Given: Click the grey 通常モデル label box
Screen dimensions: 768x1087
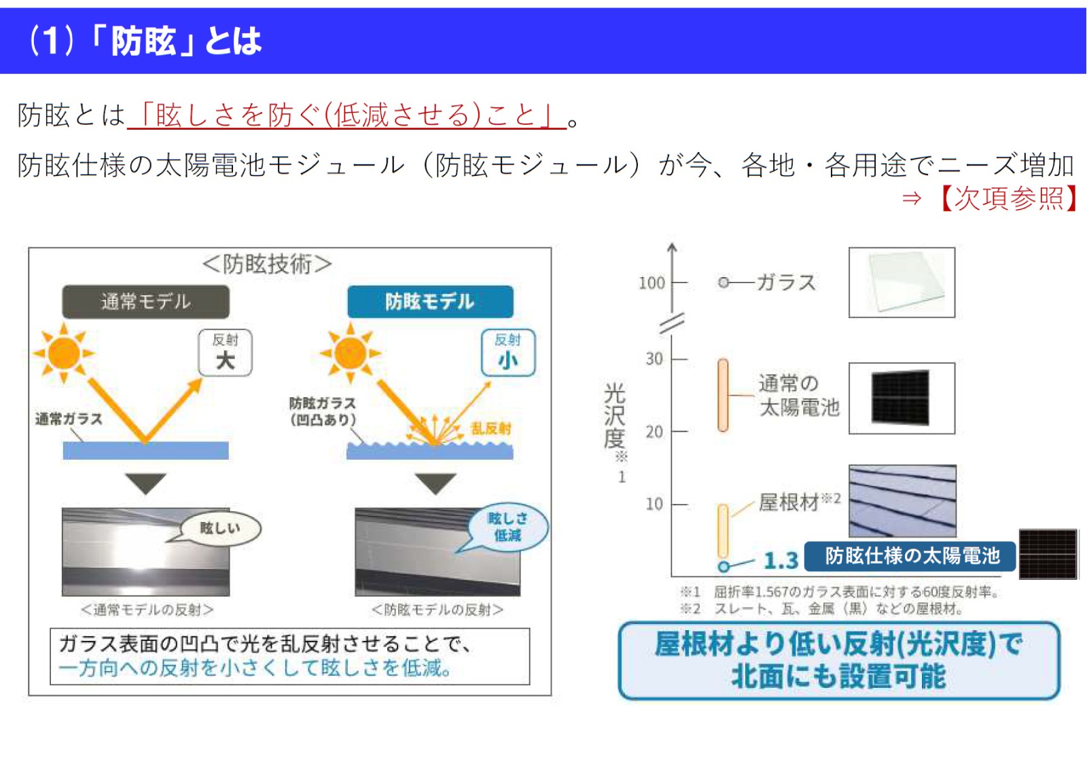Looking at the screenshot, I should pos(145,301).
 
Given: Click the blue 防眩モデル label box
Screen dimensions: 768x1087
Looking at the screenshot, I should pos(429,301).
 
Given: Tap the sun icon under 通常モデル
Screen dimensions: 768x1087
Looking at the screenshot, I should pos(64,353).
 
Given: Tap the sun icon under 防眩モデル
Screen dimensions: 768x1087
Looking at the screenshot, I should pos(351,353).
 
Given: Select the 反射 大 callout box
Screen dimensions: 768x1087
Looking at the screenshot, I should pos(225,352).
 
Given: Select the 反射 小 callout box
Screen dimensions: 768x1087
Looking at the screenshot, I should pos(507,352).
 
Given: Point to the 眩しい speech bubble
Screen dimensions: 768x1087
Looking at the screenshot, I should pos(219,528).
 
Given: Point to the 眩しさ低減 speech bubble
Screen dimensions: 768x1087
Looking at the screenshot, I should pos(507,527).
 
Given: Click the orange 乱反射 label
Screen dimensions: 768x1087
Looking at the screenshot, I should pos(491,428).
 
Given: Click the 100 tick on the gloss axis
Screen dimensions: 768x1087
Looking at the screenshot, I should pos(652,282).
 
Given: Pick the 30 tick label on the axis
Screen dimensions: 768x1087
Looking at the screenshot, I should pos(654,359).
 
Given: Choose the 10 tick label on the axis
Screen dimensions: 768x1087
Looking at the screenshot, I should pos(654,504).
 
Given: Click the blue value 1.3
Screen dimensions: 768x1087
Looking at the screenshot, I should pos(780,561).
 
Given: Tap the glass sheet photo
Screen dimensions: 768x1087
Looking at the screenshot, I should pos(902,282).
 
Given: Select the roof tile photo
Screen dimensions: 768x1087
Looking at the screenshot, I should pos(902,501).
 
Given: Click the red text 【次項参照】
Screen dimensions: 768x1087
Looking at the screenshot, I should pos(1008,198).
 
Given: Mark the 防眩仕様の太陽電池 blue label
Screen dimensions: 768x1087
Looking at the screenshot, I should pos(911,556).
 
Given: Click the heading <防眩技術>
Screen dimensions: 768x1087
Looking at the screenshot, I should pos(267,263).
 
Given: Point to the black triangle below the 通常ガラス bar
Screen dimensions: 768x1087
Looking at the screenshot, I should pos(145,483).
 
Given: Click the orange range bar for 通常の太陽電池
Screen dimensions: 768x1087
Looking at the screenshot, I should pos(723,395).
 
